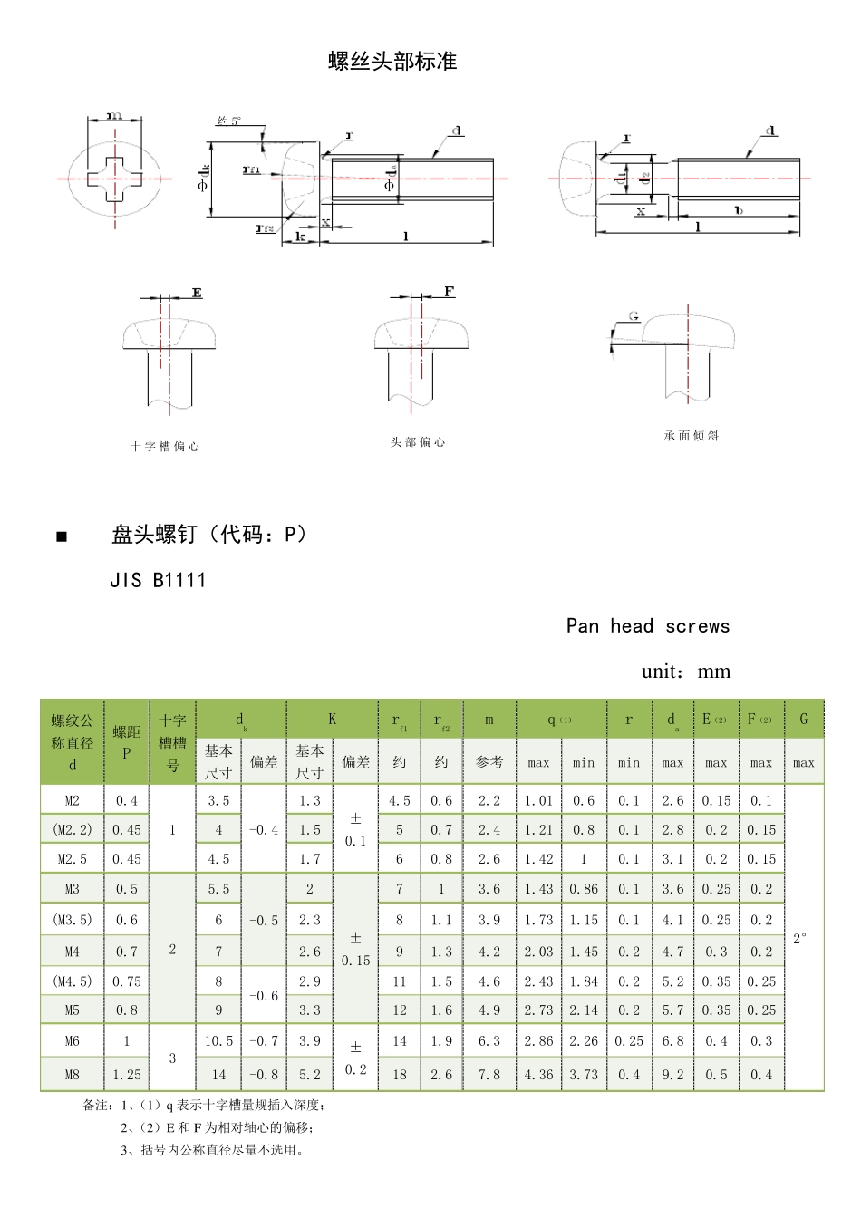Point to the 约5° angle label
tap(229, 121)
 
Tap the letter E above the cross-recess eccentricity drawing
tap(197, 293)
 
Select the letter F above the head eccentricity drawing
tap(449, 292)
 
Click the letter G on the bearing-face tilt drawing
tap(634, 316)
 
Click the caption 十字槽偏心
tap(165, 447)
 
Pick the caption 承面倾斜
tap(692, 436)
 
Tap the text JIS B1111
tap(158, 580)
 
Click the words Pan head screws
tap(647, 626)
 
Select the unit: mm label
tap(685, 672)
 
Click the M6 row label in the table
tap(73, 1041)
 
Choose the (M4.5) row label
tap(73, 981)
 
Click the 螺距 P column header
tap(127, 741)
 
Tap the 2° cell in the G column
tap(801, 939)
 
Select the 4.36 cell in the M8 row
tap(538, 1075)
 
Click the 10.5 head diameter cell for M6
tap(218, 1041)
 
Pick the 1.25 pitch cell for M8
tap(127, 1075)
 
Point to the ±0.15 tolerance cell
tap(355, 949)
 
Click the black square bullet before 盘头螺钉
tap(62, 536)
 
